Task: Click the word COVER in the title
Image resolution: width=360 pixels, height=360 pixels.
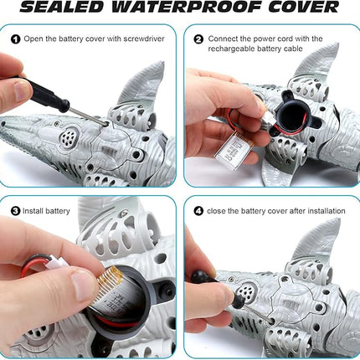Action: [298, 8]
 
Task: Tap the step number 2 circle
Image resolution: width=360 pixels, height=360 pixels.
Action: [198, 39]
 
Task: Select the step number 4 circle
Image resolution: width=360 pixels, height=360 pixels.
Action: [198, 211]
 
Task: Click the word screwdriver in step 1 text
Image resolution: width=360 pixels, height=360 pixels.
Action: [144, 39]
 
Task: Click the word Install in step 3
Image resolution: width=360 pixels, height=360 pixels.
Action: [36, 212]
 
